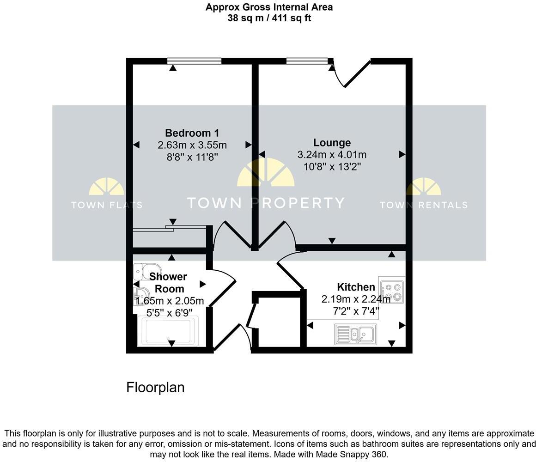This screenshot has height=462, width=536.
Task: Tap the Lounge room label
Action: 332,143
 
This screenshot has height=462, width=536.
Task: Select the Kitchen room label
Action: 356,287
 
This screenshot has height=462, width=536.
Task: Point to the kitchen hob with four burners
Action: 392,291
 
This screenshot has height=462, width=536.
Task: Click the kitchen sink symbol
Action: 355,334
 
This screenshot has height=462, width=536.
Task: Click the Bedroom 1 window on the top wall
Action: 194,61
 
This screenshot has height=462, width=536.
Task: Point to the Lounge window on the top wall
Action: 307,61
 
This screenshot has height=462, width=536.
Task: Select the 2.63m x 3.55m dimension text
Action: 192,145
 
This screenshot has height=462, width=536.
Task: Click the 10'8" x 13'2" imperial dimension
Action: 332,166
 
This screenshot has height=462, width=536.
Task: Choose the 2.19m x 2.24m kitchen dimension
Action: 356,299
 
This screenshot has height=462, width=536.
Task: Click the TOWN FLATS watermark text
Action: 106,205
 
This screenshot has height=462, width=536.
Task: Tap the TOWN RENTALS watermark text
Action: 423,205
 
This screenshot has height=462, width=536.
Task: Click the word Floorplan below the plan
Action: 155,387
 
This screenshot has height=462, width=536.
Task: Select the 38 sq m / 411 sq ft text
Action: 269,18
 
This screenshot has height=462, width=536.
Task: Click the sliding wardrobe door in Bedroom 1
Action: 169,228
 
